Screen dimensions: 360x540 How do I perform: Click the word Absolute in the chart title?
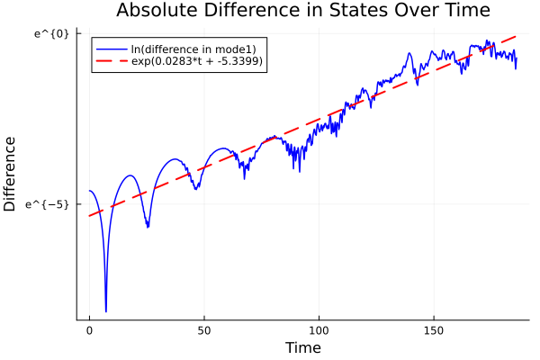point(157,12)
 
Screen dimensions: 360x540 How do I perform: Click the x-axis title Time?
point(302,347)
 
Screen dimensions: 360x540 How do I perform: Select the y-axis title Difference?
point(11,174)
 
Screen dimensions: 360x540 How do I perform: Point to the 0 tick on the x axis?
point(89,330)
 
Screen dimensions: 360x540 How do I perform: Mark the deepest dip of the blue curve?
point(105,311)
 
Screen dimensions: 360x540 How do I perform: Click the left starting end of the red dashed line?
point(89,216)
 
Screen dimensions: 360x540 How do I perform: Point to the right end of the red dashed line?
point(517,36)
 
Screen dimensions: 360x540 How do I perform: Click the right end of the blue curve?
point(517,67)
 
